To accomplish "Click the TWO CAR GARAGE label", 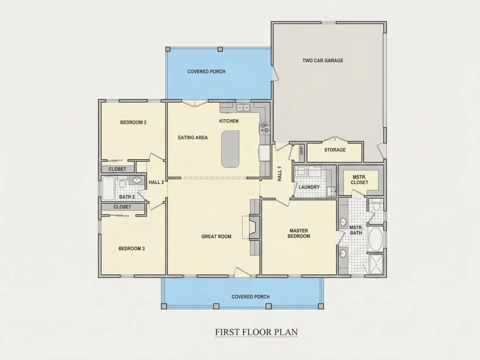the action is pos(322,61).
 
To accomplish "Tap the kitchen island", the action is pos(230,149).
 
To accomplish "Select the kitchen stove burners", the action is pos(264,128).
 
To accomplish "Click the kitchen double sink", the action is pos(243,107).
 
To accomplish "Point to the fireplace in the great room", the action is pos(254,227).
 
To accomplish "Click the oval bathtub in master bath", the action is pos(376,239).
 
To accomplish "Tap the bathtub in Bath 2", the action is pos(108,188).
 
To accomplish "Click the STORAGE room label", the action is pos(335,150).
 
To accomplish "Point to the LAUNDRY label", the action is pos(309,187).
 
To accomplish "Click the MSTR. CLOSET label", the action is pos(360,180).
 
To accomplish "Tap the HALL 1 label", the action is pos(279,174).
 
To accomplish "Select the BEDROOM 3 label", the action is pos(132,249).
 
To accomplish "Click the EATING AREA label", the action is pos(193,137).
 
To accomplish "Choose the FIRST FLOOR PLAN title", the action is pos(256,332).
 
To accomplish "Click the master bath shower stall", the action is pos(376,264).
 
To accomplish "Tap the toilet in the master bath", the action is pos(376,206).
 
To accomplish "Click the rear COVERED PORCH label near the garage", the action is pos(206,72).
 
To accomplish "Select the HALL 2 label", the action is pos(156,182).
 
